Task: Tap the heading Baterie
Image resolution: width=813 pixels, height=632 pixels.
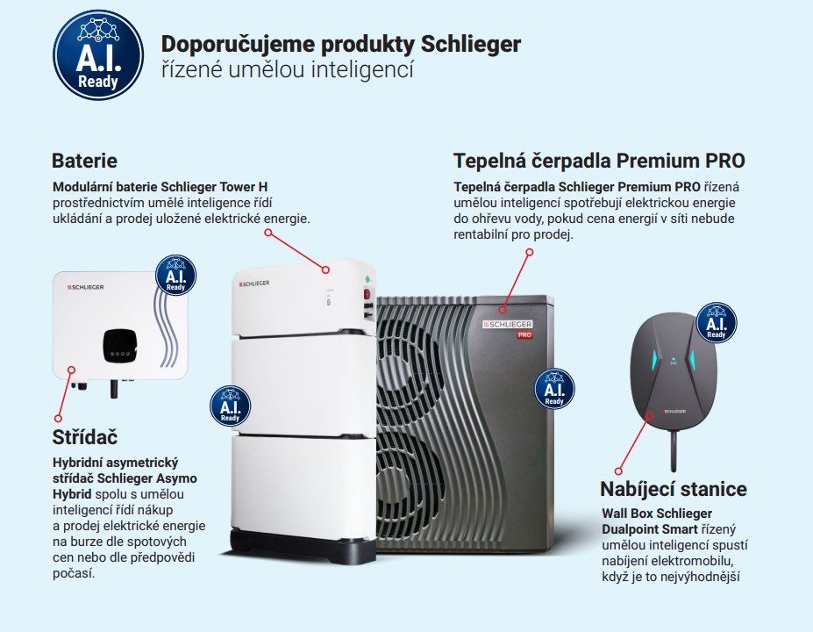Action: [x=84, y=161]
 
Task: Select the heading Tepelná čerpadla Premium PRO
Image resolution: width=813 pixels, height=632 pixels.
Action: [x=599, y=161]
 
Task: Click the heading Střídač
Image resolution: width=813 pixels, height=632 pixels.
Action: [x=85, y=436]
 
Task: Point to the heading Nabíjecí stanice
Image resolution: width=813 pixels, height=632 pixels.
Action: [x=673, y=489]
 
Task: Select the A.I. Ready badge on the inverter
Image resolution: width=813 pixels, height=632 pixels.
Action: [x=175, y=275]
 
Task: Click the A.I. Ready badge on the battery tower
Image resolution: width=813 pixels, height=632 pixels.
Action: [x=230, y=406]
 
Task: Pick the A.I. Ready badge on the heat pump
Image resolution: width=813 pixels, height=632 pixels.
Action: [x=554, y=388]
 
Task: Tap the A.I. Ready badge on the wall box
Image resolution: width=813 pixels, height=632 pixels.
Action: [x=717, y=322]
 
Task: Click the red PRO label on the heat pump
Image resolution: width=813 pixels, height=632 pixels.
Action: [x=524, y=335]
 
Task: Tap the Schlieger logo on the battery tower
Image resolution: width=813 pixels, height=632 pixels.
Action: [x=253, y=283]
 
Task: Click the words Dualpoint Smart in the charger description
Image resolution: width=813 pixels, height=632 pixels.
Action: [x=649, y=529]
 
